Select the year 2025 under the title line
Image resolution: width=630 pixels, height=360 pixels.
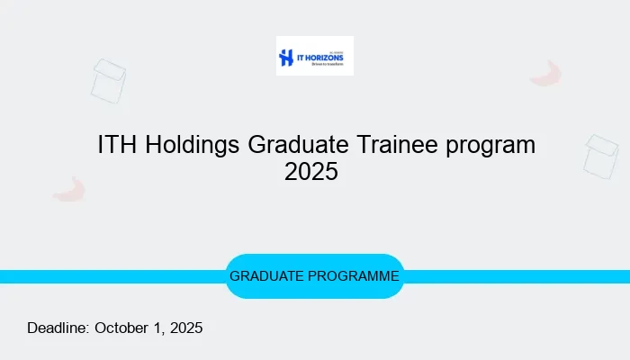click(x=311, y=171)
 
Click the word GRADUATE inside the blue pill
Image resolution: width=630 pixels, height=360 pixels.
click(x=265, y=276)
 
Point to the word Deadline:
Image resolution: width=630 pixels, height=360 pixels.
click(x=58, y=328)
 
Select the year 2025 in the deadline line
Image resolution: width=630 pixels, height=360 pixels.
click(x=184, y=328)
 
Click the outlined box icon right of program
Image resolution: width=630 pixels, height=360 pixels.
click(x=599, y=156)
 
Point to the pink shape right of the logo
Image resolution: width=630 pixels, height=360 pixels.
click(x=546, y=74)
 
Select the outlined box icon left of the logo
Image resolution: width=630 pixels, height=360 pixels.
click(x=108, y=81)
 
